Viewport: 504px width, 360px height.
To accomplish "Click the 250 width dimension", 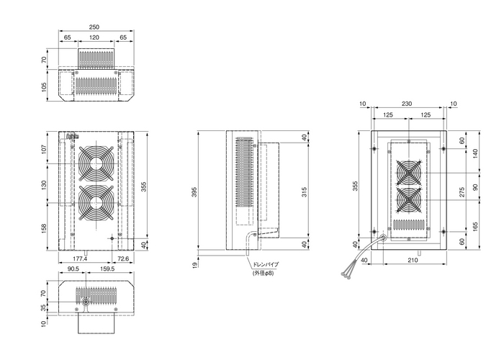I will click(94, 27).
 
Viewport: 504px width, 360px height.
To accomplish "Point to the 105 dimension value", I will click(45, 87).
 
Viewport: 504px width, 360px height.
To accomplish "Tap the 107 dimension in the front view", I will click(45, 149).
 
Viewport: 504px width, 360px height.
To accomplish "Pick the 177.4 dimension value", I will click(80, 258).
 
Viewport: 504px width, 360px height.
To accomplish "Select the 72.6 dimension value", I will click(122, 258).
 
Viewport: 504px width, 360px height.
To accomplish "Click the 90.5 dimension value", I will click(73, 269).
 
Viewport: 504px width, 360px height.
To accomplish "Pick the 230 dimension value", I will click(408, 104).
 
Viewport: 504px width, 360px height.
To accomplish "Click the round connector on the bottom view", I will click(86, 303).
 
